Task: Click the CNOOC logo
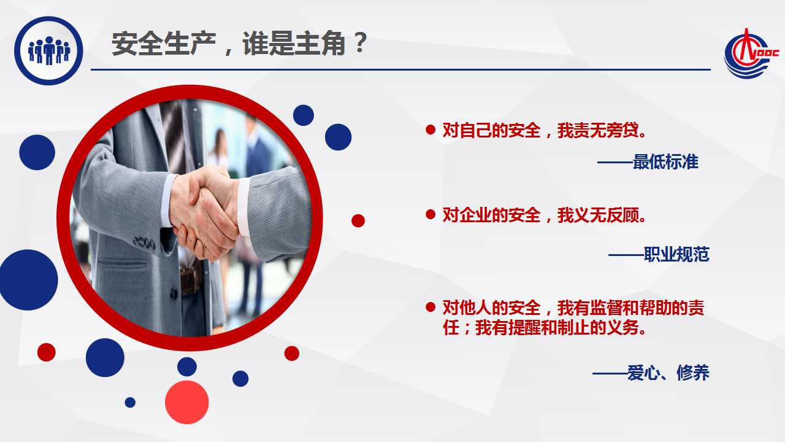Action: tap(751, 53)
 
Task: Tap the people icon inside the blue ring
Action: tap(49, 50)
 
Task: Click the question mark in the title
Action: tap(359, 43)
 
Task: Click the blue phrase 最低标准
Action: tap(665, 161)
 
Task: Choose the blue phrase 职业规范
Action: tap(676, 254)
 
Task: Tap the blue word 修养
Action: tap(693, 373)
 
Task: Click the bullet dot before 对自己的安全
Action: tap(431, 130)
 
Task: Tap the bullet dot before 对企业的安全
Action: tap(431, 214)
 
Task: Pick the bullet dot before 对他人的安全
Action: tap(431, 307)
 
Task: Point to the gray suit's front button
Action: tap(174, 293)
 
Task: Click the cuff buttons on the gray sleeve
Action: tap(144, 242)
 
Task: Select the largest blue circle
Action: tap(29, 280)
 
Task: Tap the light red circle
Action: tap(187, 402)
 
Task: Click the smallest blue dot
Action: tap(130, 402)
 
